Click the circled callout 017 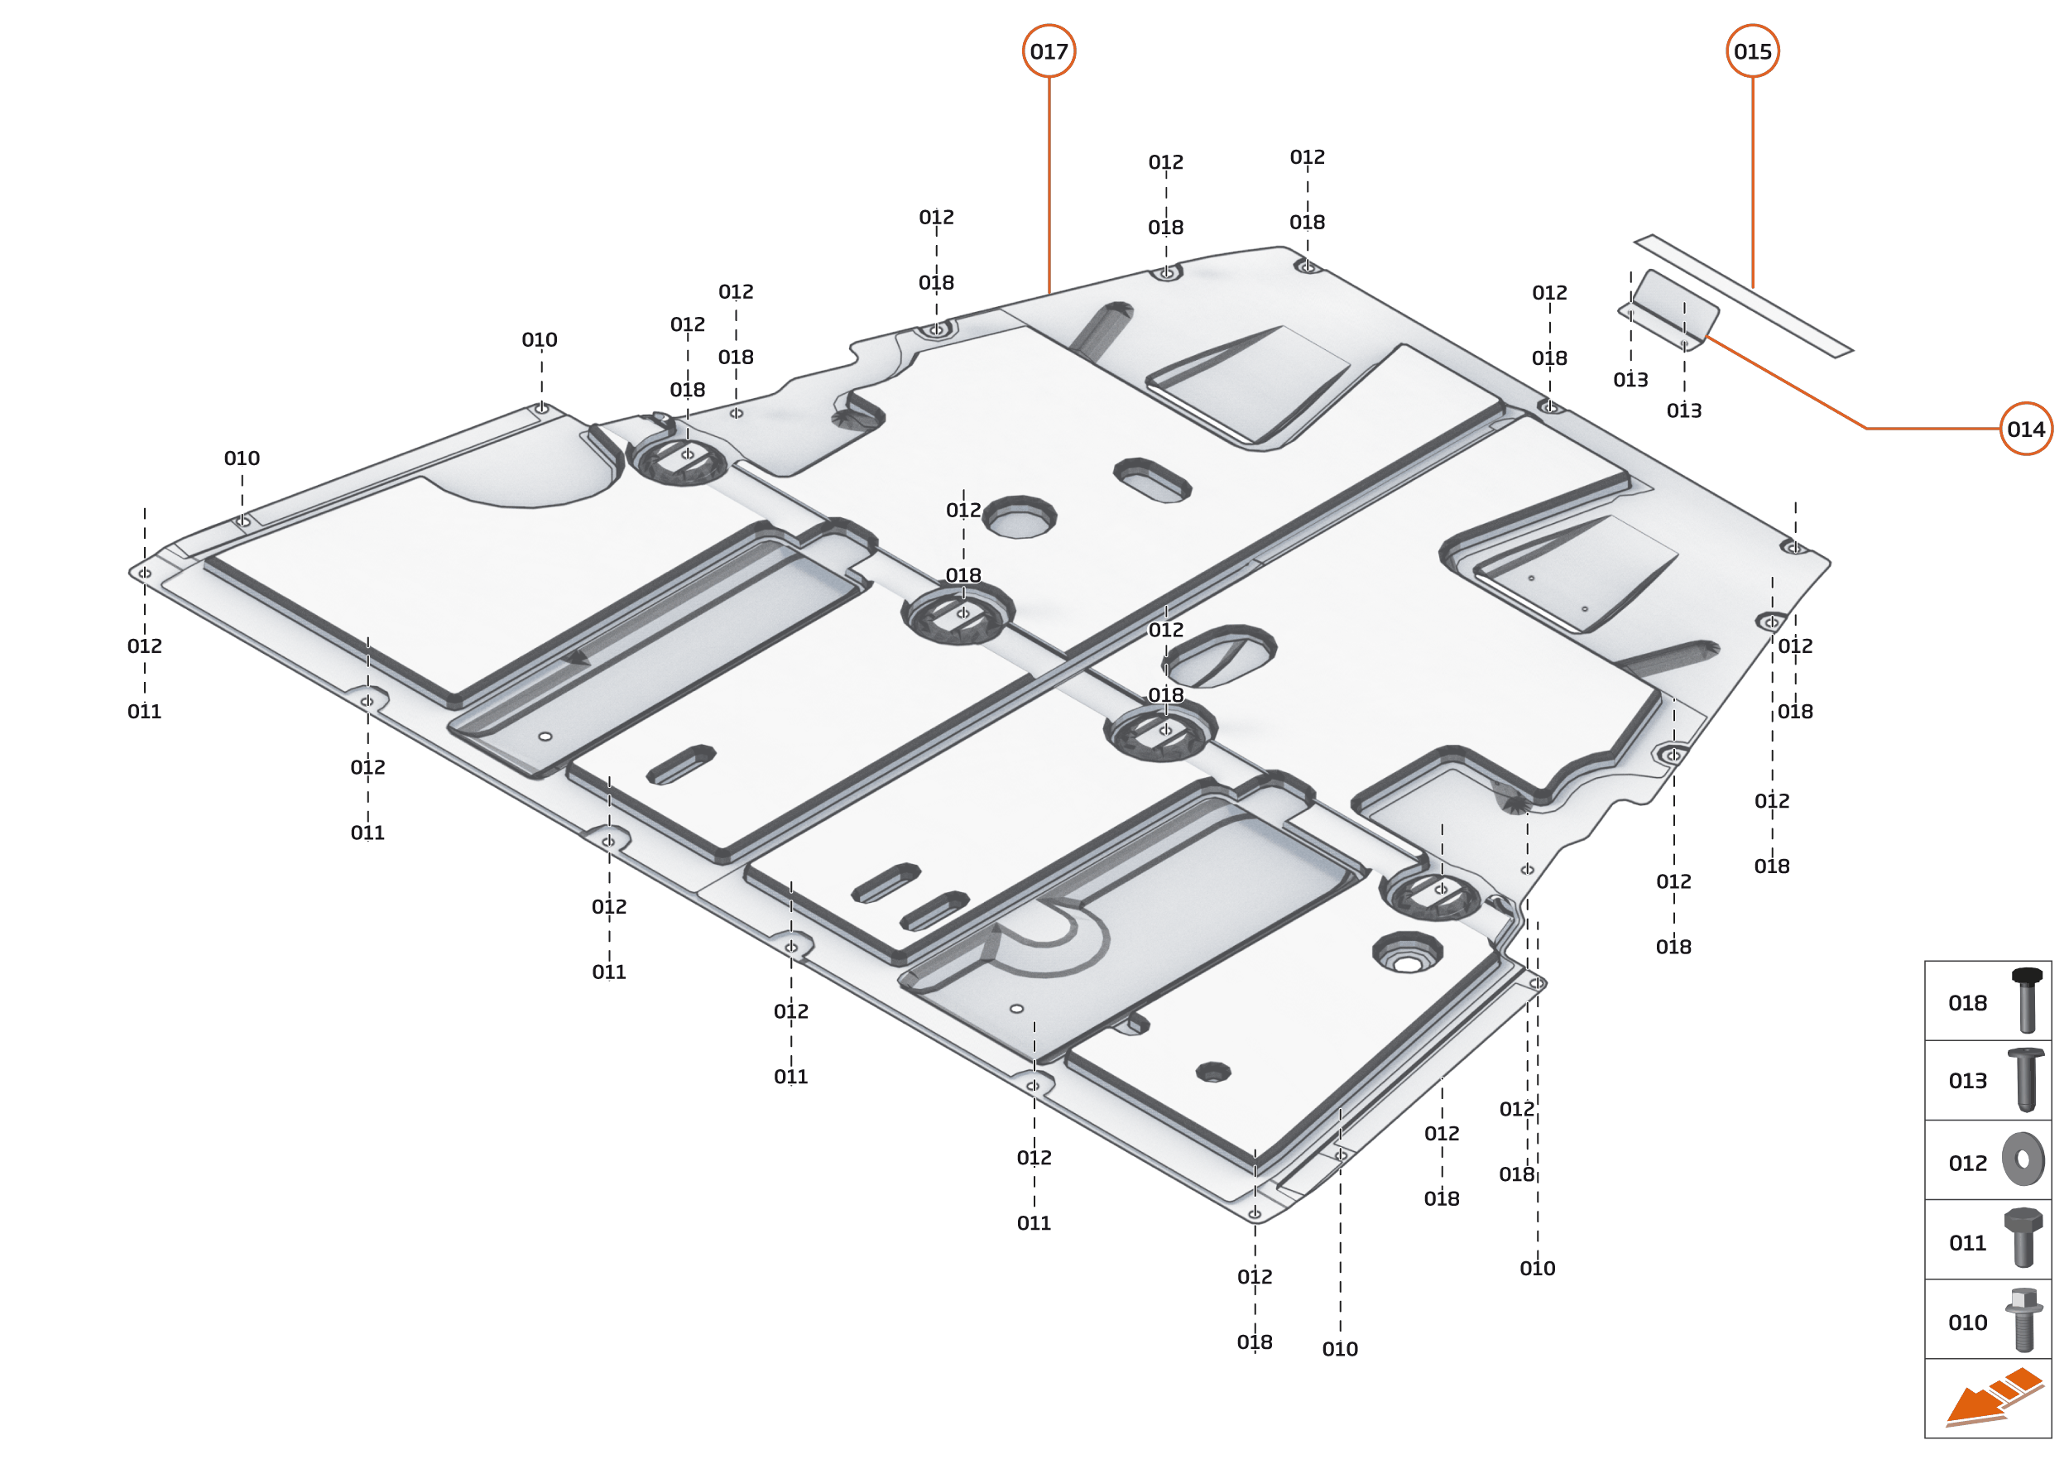(1049, 51)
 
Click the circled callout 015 (1752, 51)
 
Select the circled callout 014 (2025, 429)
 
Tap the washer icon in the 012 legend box (2023, 1159)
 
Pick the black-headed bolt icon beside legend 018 (2026, 1000)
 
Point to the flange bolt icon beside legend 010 (2023, 1320)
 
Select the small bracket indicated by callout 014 (1669, 310)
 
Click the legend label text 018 (1967, 1003)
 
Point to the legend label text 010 (1967, 1322)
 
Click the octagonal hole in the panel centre (1020, 517)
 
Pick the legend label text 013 (1967, 1081)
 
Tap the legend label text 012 (1967, 1164)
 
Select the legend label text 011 (1967, 1243)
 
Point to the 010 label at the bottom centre (1340, 1349)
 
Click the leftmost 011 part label (144, 711)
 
